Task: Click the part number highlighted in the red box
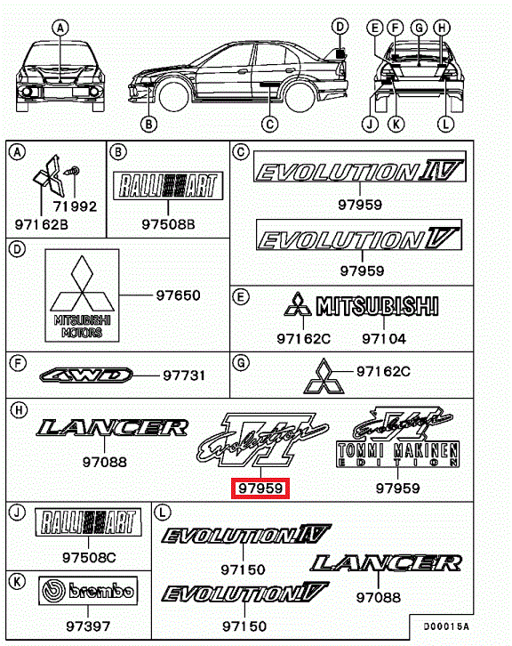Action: [260, 489]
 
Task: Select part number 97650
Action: [178, 295]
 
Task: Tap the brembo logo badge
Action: [88, 590]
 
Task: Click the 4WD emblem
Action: [86, 375]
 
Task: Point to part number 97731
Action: [184, 375]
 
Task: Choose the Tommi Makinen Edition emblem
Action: [398, 437]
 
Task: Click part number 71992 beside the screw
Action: [75, 206]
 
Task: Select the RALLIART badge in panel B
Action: [168, 185]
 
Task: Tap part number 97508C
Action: [89, 557]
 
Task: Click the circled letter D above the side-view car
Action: [340, 28]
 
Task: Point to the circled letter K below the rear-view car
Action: [396, 124]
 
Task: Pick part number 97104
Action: [384, 339]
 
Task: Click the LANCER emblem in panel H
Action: [112, 428]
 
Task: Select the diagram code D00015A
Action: [446, 626]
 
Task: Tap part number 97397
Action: [88, 626]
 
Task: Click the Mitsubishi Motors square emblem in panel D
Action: [82, 295]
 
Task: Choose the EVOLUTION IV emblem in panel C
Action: [360, 166]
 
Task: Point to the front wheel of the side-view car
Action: [173, 96]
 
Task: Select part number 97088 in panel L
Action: [379, 596]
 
